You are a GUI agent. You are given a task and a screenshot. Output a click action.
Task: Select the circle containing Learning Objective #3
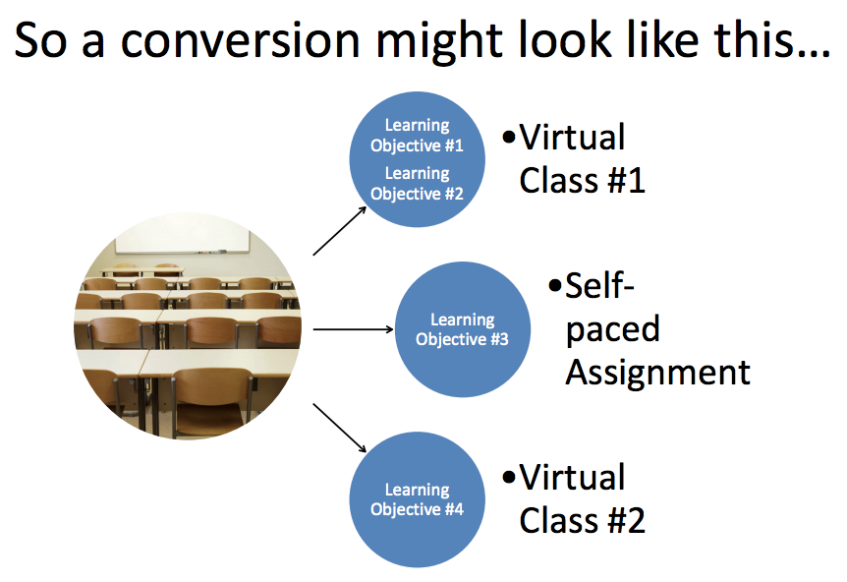(x=463, y=329)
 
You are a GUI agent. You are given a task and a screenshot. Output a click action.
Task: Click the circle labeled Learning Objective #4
(x=417, y=499)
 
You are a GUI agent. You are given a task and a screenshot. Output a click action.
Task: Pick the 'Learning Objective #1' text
(x=417, y=135)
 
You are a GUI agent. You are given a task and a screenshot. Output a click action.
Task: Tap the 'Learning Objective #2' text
(x=417, y=183)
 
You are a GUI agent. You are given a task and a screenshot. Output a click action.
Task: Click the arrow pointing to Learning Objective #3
(x=354, y=329)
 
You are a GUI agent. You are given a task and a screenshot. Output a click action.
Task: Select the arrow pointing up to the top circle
(x=340, y=231)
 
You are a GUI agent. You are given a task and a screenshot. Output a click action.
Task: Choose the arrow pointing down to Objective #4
(x=340, y=428)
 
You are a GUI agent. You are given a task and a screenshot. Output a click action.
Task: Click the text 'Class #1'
(x=583, y=180)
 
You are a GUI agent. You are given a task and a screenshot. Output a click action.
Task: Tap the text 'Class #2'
(x=583, y=520)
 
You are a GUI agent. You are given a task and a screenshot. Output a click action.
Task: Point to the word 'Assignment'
(x=658, y=373)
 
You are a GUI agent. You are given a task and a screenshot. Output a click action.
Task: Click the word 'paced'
(x=613, y=329)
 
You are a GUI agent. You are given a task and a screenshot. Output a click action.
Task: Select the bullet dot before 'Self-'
(x=555, y=285)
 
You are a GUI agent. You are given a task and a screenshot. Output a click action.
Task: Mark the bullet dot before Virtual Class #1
(x=509, y=137)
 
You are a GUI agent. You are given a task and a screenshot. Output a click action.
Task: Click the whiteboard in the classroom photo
(x=183, y=238)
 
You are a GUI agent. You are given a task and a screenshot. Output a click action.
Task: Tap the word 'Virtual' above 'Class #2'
(x=572, y=477)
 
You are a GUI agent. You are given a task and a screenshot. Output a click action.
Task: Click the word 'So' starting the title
(x=41, y=41)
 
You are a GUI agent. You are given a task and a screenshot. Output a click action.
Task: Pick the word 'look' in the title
(x=565, y=39)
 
